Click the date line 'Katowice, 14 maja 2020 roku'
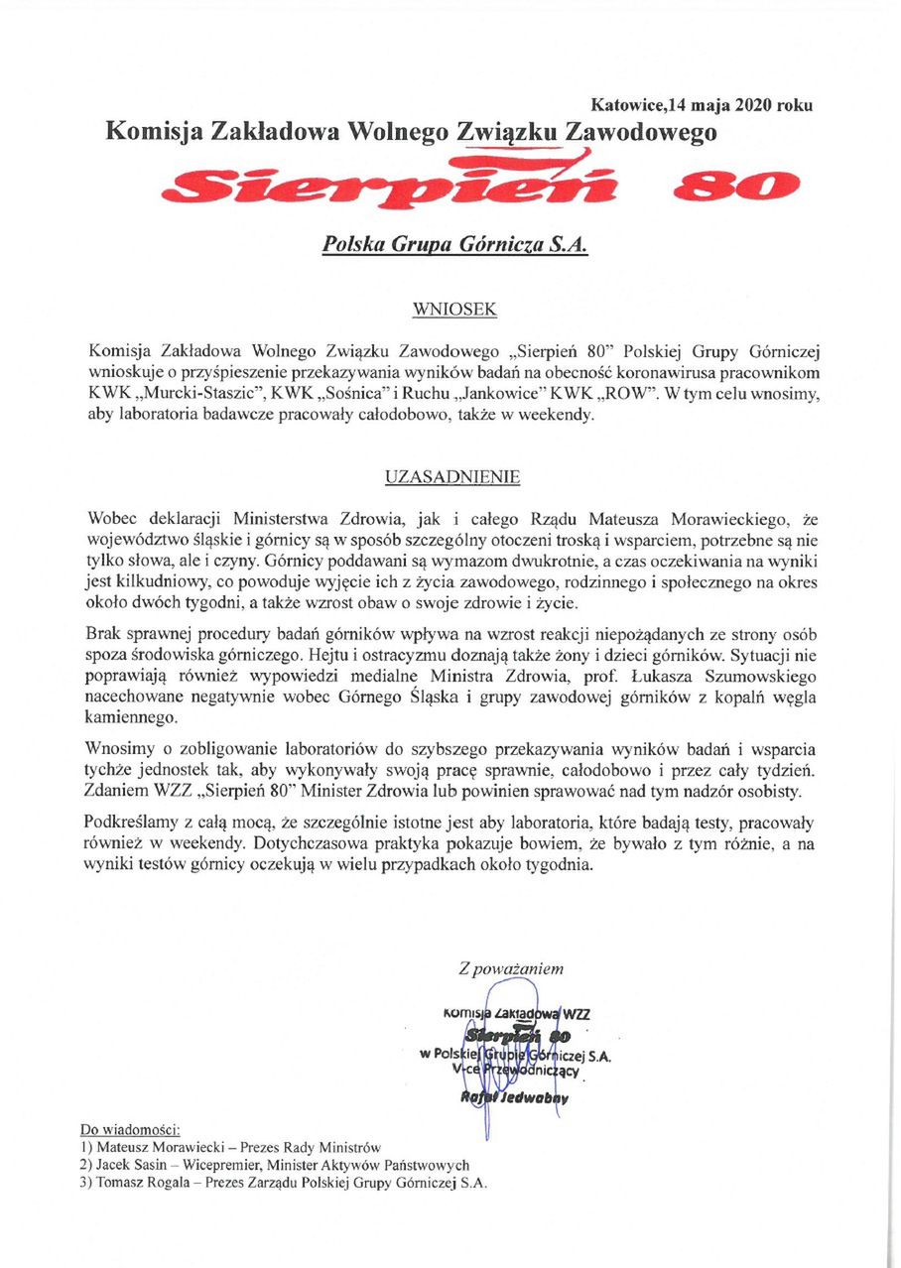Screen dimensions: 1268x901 (702, 104)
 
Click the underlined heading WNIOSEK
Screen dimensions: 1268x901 (453, 310)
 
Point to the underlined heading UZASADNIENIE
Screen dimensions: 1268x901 (452, 477)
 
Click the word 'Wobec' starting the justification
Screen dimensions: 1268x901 (111, 519)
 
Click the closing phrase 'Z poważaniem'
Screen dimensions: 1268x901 (510, 967)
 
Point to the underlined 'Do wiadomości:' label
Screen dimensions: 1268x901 (129, 1130)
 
